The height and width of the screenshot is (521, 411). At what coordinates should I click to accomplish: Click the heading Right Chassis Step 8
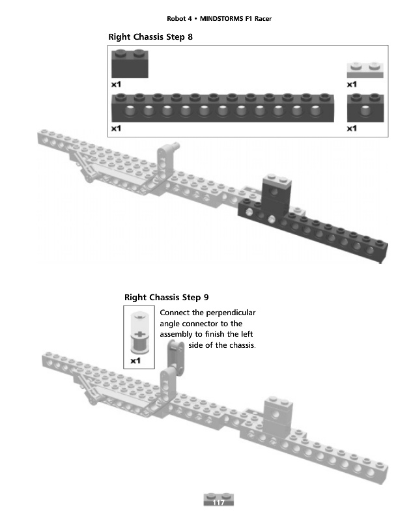coord(150,37)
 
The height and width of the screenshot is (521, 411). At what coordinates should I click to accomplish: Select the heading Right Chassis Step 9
coord(166,298)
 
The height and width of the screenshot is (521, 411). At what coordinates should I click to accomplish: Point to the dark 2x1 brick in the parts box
coord(130,66)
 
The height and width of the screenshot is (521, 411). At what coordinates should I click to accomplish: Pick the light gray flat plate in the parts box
coord(365,70)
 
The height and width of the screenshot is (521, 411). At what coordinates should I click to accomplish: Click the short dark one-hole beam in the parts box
coord(365,107)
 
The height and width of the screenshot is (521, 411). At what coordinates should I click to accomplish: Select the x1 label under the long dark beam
coord(117,129)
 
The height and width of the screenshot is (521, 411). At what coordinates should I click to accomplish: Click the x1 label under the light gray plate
coord(352,84)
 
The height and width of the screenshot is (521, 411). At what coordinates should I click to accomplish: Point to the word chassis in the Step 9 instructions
coord(240,345)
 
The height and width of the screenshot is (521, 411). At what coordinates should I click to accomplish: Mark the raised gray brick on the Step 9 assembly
coord(277,414)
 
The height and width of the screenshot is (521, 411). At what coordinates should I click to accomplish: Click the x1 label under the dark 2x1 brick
coord(117,85)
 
